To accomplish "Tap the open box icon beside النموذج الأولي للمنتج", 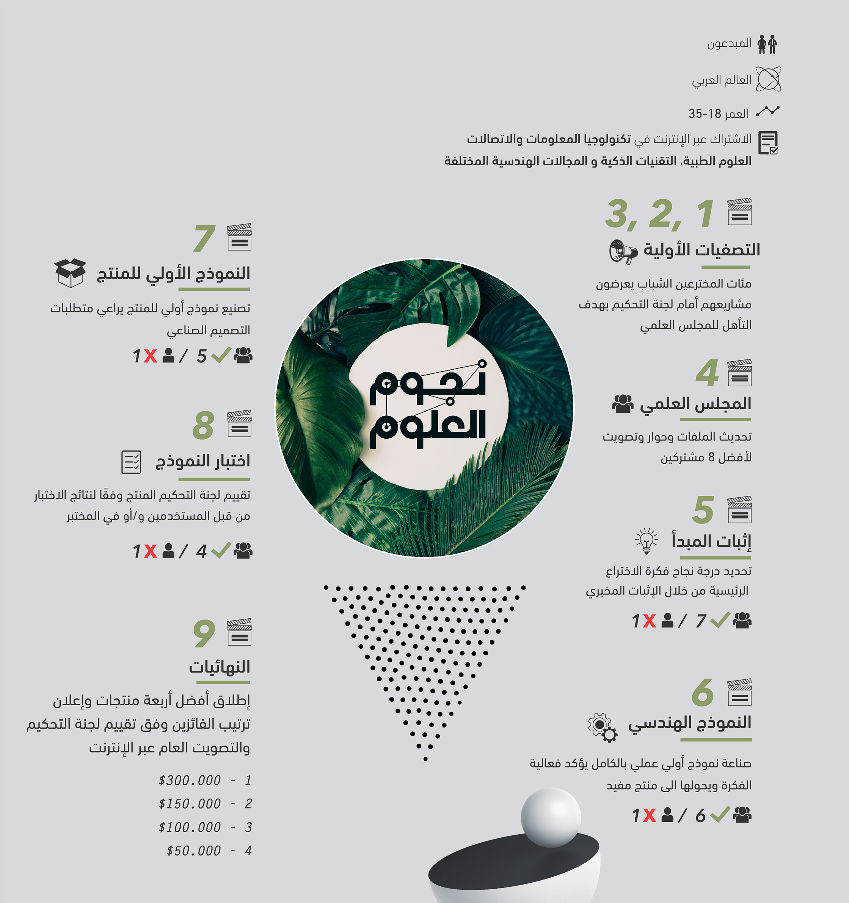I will pos(70,273).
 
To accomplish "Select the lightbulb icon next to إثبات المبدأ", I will pos(647,541).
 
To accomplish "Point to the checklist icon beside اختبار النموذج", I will pos(131,462).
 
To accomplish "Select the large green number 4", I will pos(707,373).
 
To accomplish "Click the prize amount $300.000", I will pos(190,780).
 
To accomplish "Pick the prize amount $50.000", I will pos(194,851).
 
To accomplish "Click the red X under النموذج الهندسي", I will pos(649,815).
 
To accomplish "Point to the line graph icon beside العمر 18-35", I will pos(768,111).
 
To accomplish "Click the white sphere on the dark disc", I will pos(551,817).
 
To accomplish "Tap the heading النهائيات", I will pos(220,667).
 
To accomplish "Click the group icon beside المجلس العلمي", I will pos(623,403).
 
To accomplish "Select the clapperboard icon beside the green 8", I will pos(239,423).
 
